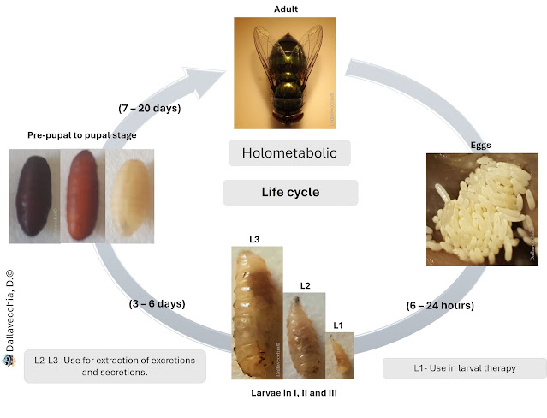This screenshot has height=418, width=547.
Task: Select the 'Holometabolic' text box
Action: pos(290,154)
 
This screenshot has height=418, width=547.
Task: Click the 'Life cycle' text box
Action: pos(290,193)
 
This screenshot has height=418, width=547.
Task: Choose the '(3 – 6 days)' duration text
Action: pos(151,303)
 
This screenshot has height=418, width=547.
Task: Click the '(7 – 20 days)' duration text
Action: pos(152,109)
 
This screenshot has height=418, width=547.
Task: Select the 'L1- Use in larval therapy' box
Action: pos(464,367)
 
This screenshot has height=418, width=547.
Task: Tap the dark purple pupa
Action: pos(34,196)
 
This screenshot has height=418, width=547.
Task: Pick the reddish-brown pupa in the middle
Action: pos(81,196)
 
